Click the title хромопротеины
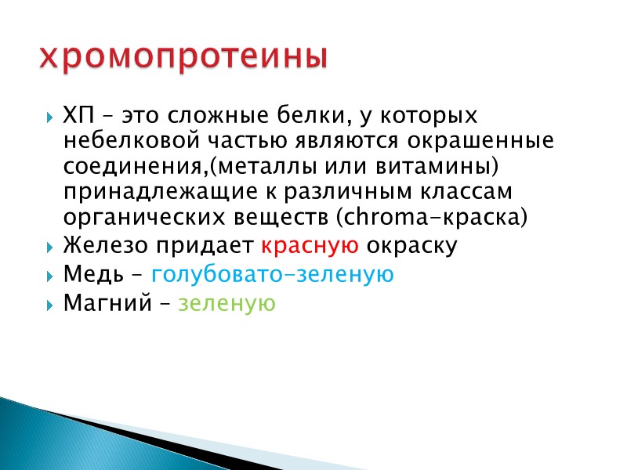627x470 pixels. coord(182,57)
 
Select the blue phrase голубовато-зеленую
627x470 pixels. coord(272,275)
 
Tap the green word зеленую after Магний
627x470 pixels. coord(227,303)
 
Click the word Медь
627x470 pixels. coord(89,275)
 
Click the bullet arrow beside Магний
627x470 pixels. coord(50,304)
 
